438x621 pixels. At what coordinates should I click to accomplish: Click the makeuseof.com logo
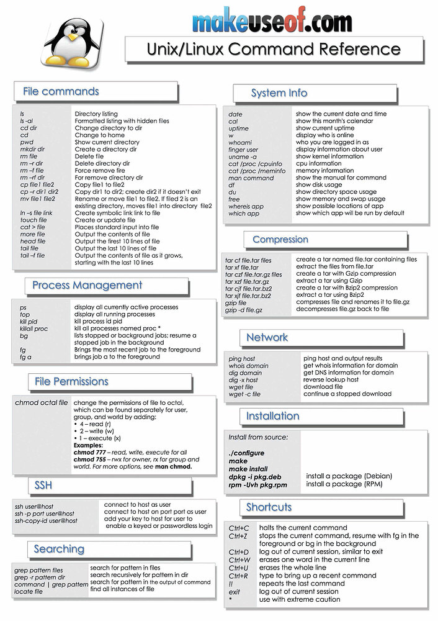pos(272,22)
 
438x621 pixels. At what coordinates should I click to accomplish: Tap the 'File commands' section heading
pos(61,91)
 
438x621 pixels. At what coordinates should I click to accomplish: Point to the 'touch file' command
pos(34,220)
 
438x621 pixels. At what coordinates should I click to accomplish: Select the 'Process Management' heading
pos(87,285)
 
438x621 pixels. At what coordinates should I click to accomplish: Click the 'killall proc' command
pos(34,329)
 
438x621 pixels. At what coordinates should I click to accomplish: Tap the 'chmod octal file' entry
pos(41,403)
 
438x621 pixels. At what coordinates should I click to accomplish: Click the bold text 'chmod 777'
pos(91,453)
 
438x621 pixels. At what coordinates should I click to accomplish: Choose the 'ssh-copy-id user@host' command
pos(46,521)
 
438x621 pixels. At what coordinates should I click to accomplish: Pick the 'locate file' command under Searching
pos(29,592)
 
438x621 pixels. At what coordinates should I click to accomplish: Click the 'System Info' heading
pos(279,93)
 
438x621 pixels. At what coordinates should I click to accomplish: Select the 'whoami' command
pos(240,142)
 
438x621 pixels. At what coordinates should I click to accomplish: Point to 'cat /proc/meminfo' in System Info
pos(257,171)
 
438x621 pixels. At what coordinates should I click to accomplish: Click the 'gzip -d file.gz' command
pos(244,309)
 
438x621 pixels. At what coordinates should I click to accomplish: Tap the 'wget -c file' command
pos(244,394)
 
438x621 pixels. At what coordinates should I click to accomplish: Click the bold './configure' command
pos(247,453)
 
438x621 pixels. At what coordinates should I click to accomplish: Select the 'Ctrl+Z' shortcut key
pos(239,535)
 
